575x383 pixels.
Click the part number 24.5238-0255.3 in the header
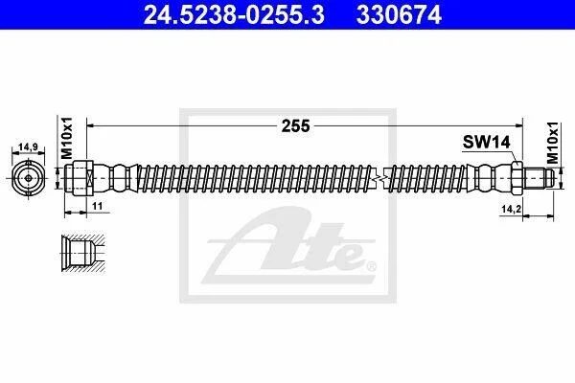[x=234, y=15]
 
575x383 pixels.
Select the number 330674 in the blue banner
[x=399, y=15]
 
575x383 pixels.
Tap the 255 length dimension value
[x=295, y=126]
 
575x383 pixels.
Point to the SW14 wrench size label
[x=486, y=142]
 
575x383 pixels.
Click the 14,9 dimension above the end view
[x=28, y=146]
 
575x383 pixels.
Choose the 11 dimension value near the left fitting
[x=97, y=206]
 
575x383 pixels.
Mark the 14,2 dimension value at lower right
[x=512, y=209]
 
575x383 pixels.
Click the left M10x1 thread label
[x=67, y=138]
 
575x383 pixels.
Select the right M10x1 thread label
[x=552, y=143]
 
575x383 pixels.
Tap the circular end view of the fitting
[x=28, y=178]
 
